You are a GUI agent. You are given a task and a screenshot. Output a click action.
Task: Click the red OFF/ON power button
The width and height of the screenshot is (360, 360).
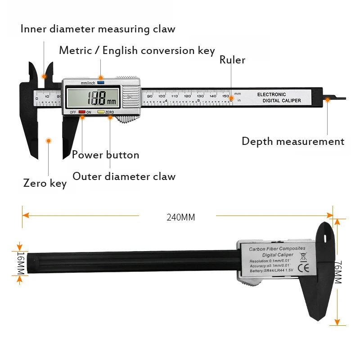pyautogui.click(x=81, y=112)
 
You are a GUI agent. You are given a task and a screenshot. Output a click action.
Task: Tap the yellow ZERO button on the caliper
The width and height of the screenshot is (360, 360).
pyautogui.click(x=101, y=112)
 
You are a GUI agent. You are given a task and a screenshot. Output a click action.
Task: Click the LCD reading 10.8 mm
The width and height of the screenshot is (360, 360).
pyautogui.click(x=97, y=97)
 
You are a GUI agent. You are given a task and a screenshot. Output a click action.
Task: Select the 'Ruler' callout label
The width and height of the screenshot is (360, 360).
pyautogui.click(x=232, y=60)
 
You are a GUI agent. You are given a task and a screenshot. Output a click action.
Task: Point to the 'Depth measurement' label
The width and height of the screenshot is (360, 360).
pyautogui.click(x=292, y=141)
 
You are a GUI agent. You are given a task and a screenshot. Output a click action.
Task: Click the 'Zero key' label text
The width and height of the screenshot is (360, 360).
pyautogui.click(x=45, y=183)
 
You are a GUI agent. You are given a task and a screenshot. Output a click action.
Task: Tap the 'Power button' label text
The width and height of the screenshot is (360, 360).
pyautogui.click(x=105, y=155)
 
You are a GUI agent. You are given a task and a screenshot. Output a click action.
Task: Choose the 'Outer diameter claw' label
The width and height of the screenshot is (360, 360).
pyautogui.click(x=124, y=176)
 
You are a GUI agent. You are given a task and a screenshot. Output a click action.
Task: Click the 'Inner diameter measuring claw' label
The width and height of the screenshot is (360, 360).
pyautogui.click(x=98, y=29)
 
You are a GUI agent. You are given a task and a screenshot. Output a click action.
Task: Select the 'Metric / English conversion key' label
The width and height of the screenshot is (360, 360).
pyautogui.click(x=137, y=50)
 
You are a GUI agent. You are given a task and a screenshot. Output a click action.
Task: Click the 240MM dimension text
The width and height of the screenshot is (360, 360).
pyautogui.click(x=181, y=217)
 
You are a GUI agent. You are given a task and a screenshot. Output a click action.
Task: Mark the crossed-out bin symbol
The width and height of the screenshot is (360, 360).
pyautogui.click(x=303, y=257)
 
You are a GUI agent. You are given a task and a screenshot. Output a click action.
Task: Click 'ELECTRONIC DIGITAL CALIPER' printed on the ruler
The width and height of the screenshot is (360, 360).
pyautogui.click(x=279, y=98)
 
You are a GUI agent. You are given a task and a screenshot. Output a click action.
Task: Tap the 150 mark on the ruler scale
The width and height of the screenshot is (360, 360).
pyautogui.click(x=225, y=95)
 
